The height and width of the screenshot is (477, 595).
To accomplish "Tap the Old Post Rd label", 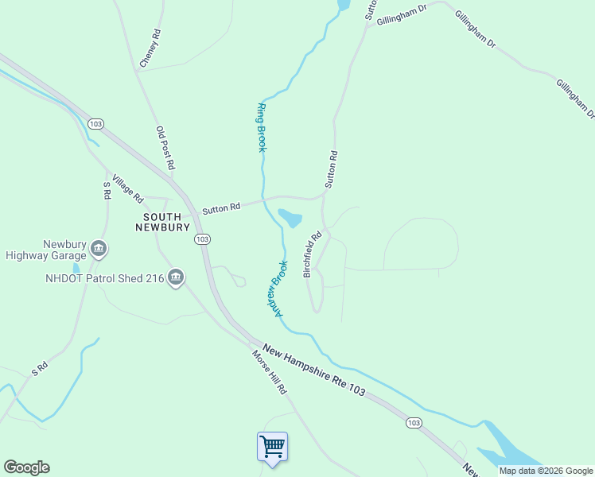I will click(x=165, y=148).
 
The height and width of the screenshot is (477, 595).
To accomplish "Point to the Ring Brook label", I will click(x=261, y=127).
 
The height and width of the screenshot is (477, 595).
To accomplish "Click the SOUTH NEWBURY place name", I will click(x=166, y=222).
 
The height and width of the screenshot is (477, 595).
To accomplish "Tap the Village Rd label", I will click(x=127, y=188).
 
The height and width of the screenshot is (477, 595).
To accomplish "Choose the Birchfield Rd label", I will click(x=312, y=254).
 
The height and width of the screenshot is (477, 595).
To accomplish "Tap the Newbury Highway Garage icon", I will click(x=99, y=249).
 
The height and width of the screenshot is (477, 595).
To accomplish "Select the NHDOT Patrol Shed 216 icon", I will click(x=177, y=278).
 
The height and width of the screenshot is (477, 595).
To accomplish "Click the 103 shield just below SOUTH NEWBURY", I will click(x=202, y=239).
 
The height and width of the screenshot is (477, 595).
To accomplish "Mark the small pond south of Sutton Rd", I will click(x=290, y=218).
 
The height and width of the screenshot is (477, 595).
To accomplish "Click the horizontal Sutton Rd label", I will click(x=221, y=208).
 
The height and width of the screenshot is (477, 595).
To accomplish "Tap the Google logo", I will click(x=26, y=467).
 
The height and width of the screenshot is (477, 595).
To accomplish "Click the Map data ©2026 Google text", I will click(x=545, y=471).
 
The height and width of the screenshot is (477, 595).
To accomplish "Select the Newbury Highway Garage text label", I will click(x=45, y=250).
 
